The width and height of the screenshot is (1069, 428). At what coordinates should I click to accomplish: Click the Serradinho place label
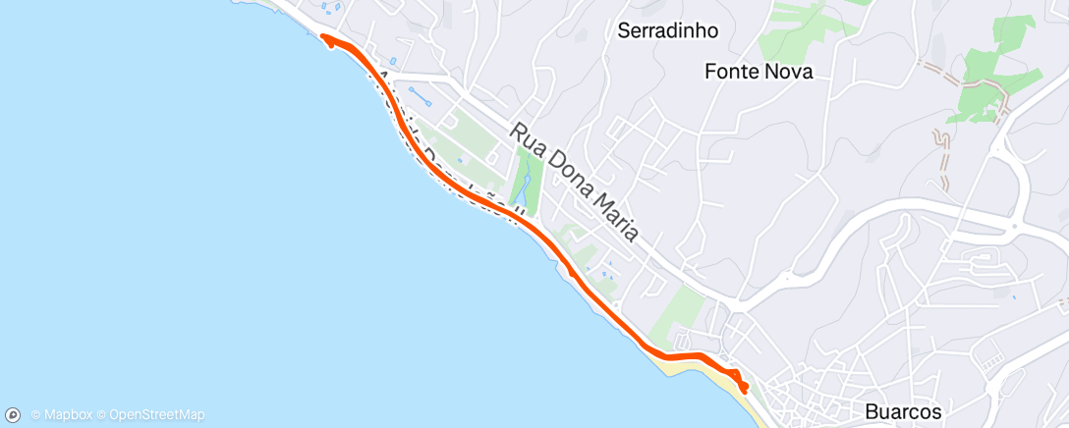coord(667,30)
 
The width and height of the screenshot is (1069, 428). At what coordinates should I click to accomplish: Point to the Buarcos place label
coord(904,411)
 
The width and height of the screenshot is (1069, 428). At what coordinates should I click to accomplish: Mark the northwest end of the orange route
coord(323,39)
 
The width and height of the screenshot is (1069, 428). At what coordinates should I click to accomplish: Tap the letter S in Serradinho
coord(623,30)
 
